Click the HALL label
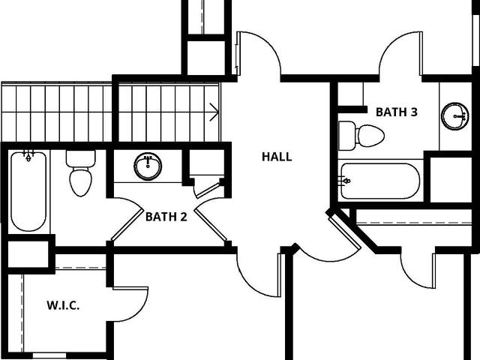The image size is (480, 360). [277, 157]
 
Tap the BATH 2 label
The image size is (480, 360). [166, 217]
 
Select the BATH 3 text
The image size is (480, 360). [397, 112]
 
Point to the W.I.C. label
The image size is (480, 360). [63, 305]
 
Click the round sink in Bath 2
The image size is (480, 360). [148, 166]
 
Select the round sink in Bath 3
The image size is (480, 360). [455, 116]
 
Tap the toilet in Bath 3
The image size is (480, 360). [361, 136]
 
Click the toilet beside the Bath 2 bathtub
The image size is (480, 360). [81, 173]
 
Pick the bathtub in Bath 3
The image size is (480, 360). [380, 181]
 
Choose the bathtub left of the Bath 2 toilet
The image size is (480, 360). [28, 191]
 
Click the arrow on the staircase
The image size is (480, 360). [214, 112]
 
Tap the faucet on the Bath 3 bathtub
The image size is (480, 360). [345, 181]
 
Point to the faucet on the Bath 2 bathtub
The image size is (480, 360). [28, 155]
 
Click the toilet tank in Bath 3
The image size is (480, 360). [346, 136]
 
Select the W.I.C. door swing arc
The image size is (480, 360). [144, 309]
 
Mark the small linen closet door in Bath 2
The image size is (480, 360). [207, 190]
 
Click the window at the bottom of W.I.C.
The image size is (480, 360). [49, 355]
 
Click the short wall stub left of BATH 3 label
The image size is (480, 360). [352, 109]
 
